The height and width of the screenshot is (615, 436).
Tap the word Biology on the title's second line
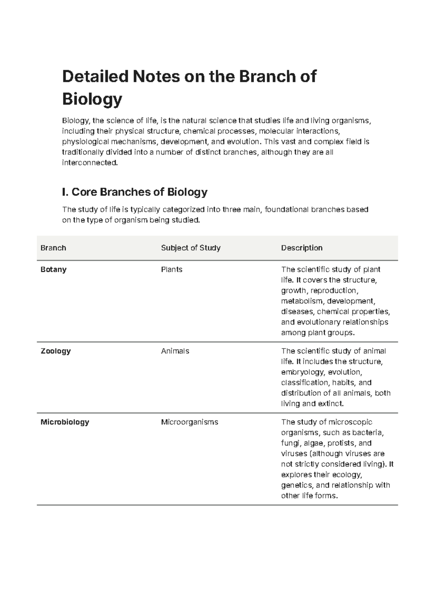(92, 99)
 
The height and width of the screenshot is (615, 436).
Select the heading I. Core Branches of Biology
(135, 192)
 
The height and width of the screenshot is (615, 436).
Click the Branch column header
(53, 248)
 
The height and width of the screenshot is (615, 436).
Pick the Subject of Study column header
(191, 248)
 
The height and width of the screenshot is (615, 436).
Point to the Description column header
(302, 248)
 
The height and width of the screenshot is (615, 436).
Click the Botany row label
(53, 270)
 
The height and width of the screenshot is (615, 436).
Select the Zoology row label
(56, 351)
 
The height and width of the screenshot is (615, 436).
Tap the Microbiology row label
(65, 422)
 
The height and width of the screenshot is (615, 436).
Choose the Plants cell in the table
(171, 270)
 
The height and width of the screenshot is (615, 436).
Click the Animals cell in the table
(175, 351)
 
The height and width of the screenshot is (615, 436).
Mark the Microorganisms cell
(189, 422)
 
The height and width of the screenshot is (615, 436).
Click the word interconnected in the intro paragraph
(90, 163)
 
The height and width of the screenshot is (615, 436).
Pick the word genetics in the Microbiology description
(296, 485)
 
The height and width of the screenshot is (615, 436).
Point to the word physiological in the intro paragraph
(85, 142)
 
